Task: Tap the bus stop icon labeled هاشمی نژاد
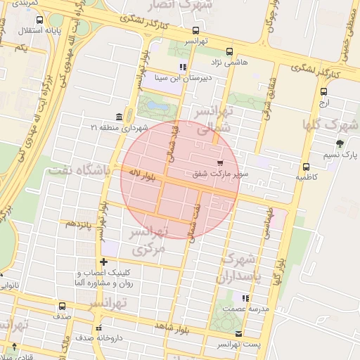tap(229, 51)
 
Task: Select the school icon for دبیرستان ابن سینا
tap(184, 67)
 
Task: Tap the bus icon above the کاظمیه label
tap(306, 167)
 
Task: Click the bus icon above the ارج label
tap(323, 91)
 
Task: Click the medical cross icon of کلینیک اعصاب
tap(103, 262)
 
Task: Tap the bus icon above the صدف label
tap(62, 306)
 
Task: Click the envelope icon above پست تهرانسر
tap(238, 333)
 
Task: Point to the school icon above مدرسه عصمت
tap(245, 298)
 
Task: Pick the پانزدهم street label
tap(75, 223)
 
